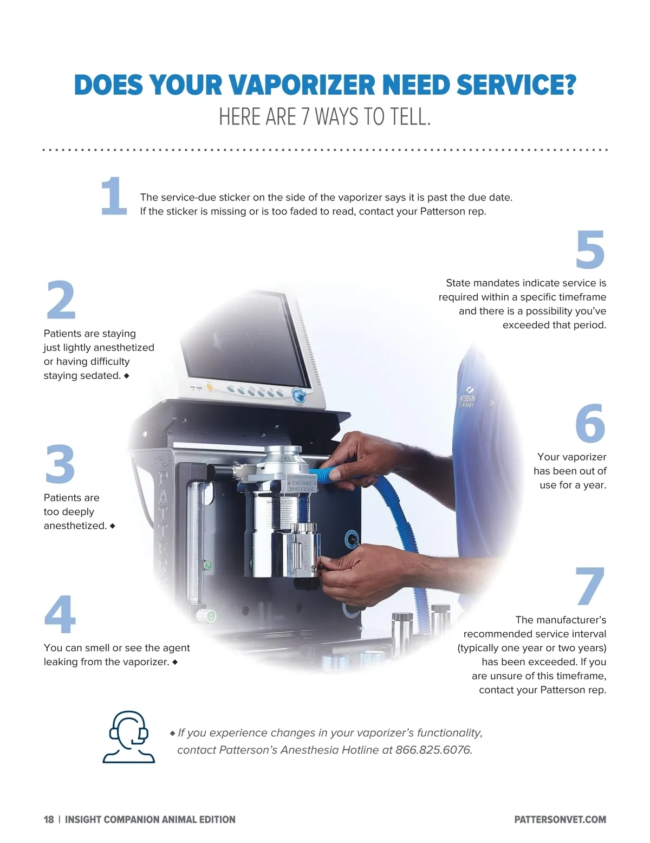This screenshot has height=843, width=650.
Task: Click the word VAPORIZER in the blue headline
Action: (302, 85)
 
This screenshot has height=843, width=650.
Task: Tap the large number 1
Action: (113, 196)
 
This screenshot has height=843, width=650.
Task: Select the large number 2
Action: (61, 299)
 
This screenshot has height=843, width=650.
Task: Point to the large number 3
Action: (60, 464)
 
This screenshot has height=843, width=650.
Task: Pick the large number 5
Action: (590, 249)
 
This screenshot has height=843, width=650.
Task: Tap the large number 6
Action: (590, 423)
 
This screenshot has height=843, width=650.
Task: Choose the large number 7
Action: (590, 586)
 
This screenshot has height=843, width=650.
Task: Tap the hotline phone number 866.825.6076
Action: (433, 749)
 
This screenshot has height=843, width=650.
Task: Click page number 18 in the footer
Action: (48, 819)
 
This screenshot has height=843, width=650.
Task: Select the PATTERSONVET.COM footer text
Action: (560, 819)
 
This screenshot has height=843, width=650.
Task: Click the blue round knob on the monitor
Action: (298, 395)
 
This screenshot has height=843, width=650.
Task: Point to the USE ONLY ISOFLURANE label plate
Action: (302, 484)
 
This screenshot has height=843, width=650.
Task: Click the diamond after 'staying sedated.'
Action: (126, 375)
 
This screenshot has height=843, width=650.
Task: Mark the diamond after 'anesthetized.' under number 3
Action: (113, 526)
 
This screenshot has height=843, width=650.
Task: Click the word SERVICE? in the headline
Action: (516, 85)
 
